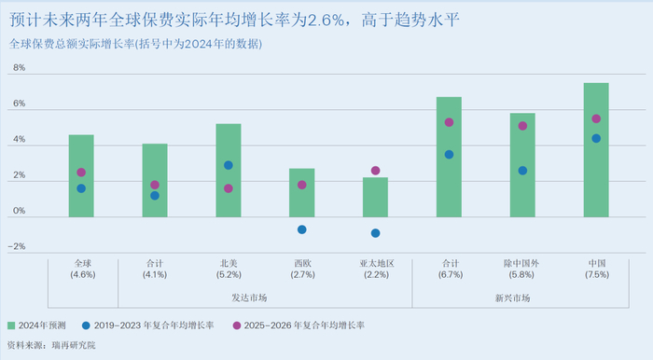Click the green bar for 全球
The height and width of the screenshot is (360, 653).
(x=81, y=176)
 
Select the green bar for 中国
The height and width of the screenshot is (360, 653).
(x=596, y=150)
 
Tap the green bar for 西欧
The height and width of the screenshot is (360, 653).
(x=301, y=193)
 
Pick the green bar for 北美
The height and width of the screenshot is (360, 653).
(x=229, y=171)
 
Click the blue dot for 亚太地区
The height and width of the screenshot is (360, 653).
(x=375, y=233)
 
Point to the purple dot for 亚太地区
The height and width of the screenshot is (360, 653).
(x=375, y=171)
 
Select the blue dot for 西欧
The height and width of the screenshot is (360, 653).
(x=301, y=229)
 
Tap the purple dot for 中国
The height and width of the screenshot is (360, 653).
(x=596, y=118)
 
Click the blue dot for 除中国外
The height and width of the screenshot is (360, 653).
(x=522, y=171)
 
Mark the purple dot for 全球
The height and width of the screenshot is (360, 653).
(x=81, y=173)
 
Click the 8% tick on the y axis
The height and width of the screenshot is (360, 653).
(x=19, y=70)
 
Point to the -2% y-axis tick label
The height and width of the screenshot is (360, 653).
(x=17, y=247)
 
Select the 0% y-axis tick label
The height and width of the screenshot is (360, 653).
(x=19, y=212)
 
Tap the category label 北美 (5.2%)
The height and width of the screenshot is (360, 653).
(x=229, y=270)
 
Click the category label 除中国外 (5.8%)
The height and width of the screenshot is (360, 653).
(x=522, y=270)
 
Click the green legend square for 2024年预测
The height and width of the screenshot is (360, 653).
(x=11, y=325)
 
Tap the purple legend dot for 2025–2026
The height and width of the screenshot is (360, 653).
(x=237, y=325)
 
